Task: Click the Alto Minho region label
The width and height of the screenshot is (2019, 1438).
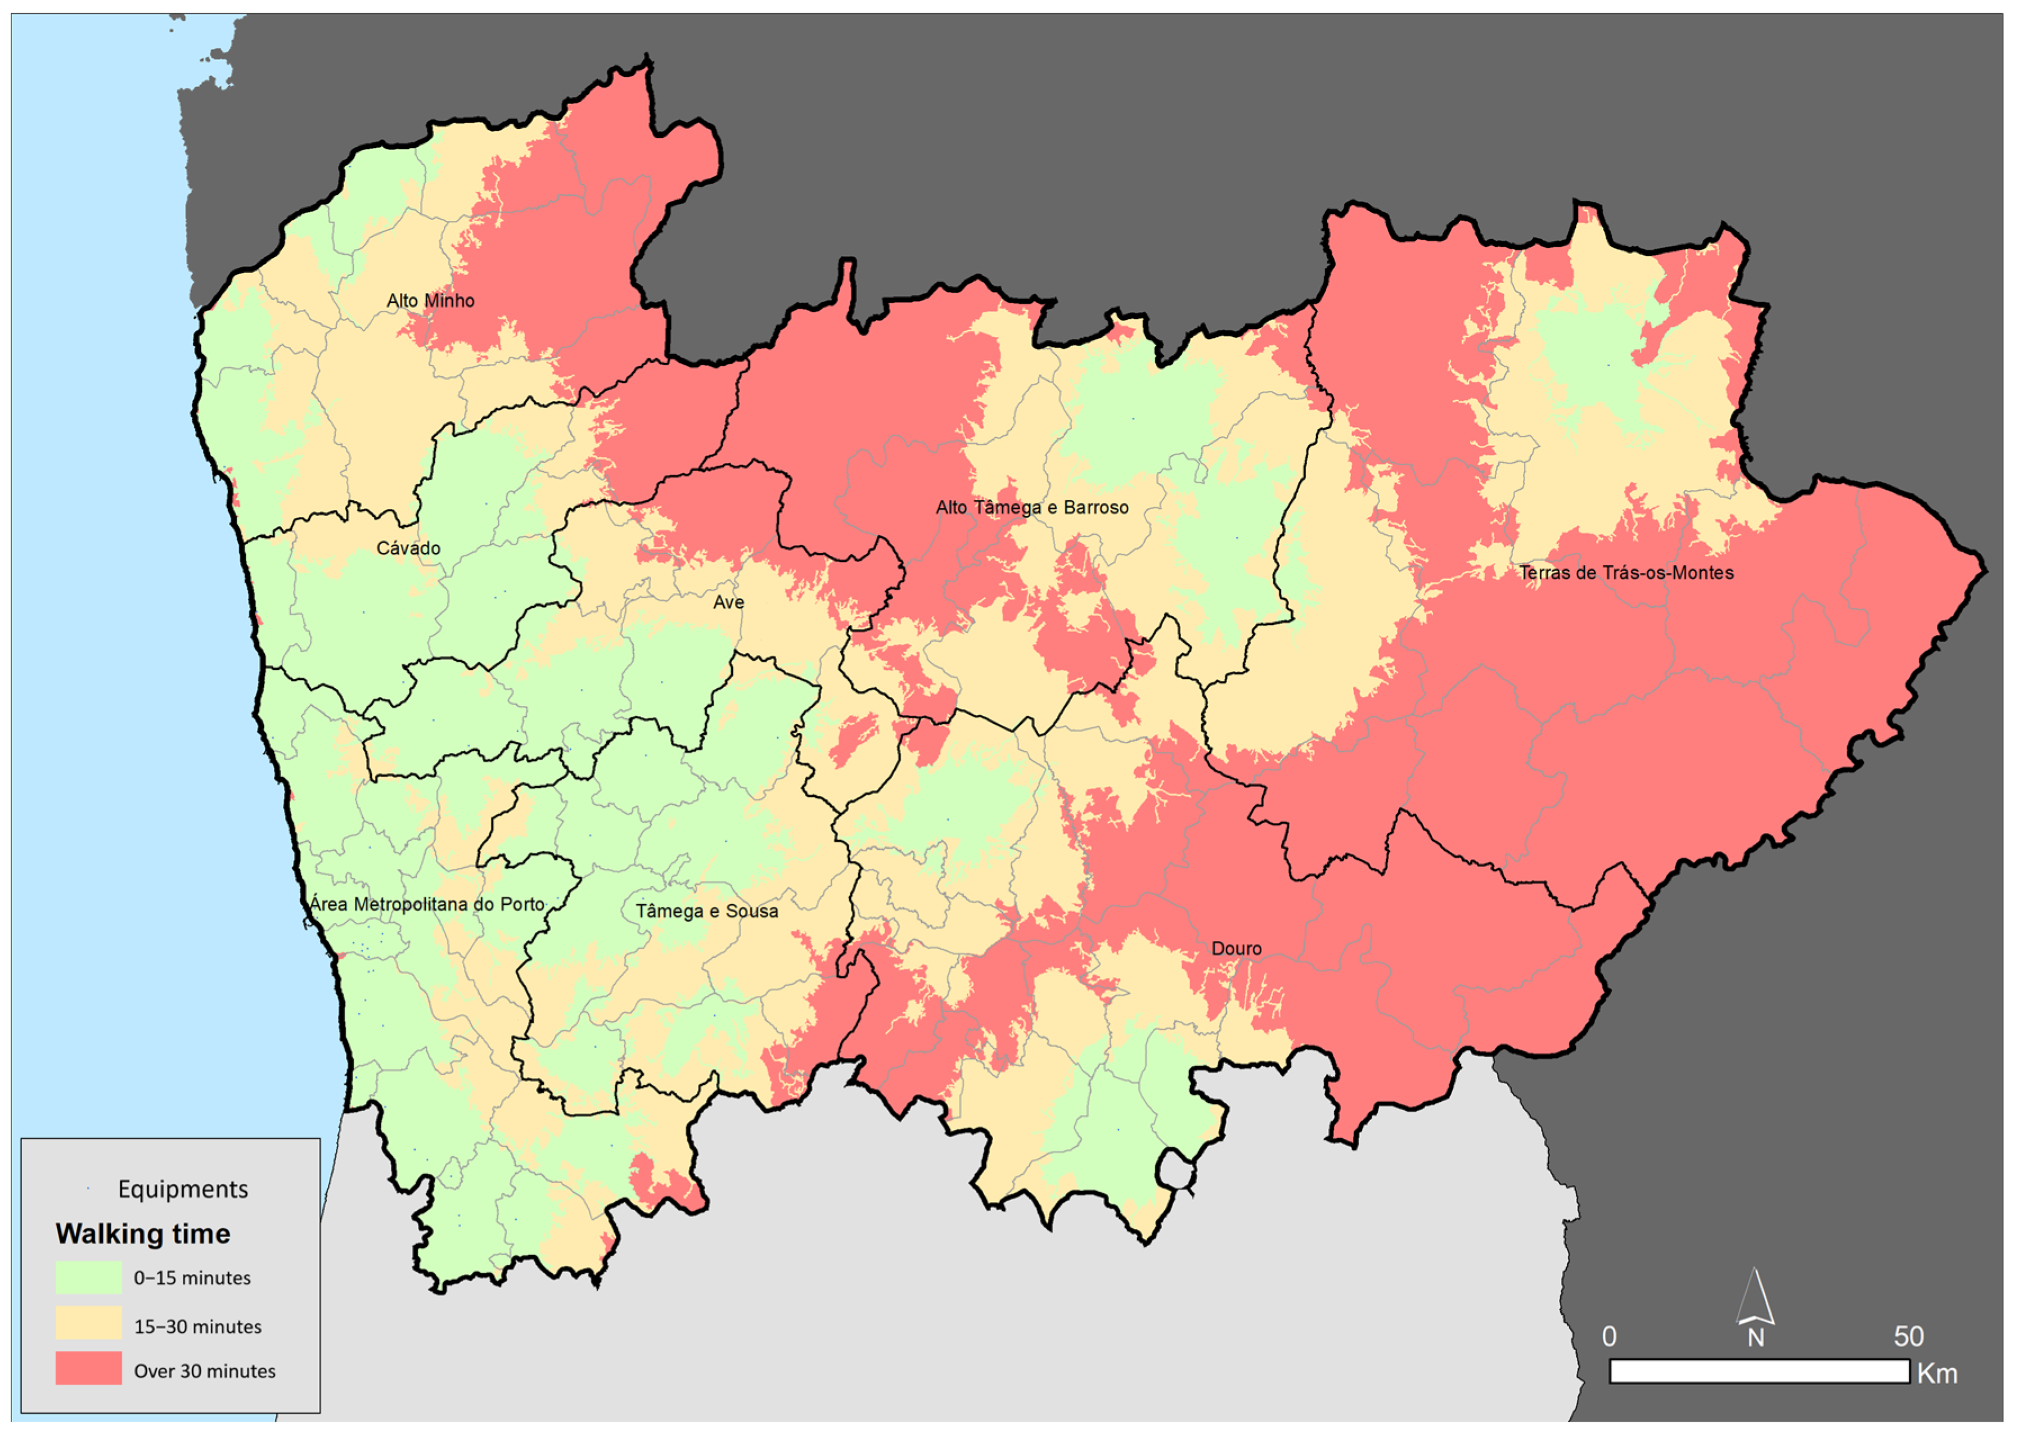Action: point(430,301)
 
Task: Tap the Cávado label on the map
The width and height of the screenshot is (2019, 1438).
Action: point(408,548)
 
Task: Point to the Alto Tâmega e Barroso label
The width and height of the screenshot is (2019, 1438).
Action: point(1031,507)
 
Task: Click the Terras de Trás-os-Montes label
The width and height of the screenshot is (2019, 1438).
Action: point(1626,573)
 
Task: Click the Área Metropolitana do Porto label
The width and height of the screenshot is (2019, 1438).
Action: point(427,904)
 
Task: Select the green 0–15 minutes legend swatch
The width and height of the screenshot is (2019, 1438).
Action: point(88,1278)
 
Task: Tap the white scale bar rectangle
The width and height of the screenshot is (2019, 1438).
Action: point(1759,1372)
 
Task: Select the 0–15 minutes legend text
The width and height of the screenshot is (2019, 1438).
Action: point(192,1278)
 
